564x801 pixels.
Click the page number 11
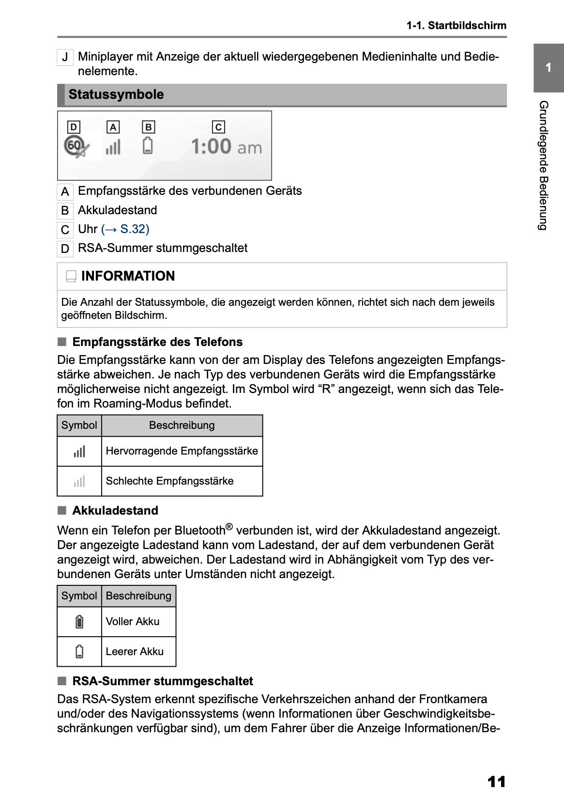497,782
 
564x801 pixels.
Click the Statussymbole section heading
116,94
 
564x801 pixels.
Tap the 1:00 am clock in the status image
226,146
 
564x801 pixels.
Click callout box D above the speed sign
73,127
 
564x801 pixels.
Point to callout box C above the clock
218,127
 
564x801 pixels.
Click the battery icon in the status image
148,146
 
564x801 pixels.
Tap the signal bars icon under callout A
113,147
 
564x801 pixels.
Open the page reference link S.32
125,229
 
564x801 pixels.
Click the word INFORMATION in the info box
128,276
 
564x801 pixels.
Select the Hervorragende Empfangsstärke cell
182,451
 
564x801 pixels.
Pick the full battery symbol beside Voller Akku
79,622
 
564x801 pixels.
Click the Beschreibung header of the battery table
138,596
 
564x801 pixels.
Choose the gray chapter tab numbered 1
548,68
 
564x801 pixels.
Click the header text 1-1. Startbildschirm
456,26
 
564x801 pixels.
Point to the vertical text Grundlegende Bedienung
544,165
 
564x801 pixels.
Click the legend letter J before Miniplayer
65,58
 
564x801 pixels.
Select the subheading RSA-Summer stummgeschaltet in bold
162,681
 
